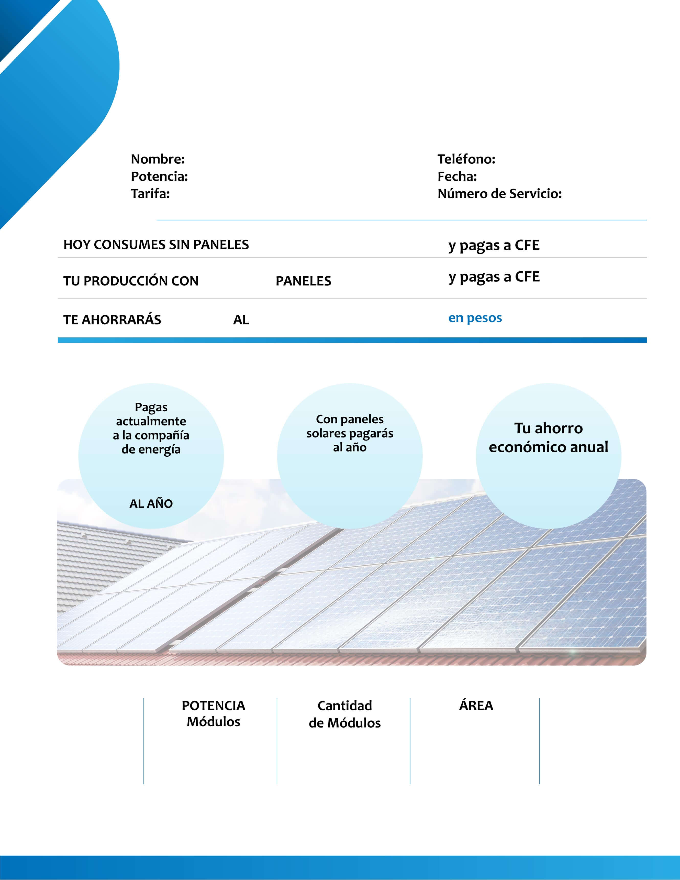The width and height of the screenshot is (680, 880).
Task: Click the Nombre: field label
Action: [158, 159]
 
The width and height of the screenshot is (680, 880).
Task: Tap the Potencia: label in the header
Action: [159, 177]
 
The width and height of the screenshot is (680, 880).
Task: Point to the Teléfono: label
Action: [466, 159]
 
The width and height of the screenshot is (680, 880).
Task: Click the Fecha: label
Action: [457, 177]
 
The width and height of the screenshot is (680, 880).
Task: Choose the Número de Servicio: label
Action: [499, 194]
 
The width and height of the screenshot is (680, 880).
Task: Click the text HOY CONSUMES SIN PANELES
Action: [156, 245]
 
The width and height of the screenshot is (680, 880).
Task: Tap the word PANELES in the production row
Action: [303, 281]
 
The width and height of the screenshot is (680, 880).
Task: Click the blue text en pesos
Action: [475, 318]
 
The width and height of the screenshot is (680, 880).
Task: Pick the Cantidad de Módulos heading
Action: [344, 714]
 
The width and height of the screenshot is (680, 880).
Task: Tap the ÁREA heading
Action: [476, 706]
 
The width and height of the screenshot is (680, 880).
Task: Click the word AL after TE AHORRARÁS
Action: [241, 320]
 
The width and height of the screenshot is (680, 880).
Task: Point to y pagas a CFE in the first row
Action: [494, 245]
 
